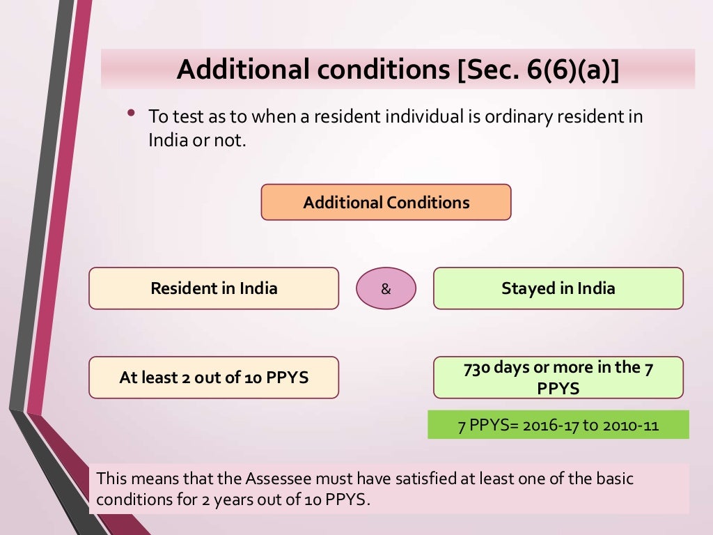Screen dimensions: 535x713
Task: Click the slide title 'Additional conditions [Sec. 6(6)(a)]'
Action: [398, 69]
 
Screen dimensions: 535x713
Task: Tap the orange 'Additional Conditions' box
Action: [386, 203]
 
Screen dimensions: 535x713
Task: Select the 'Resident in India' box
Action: [214, 288]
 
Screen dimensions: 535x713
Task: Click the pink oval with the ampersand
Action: [386, 289]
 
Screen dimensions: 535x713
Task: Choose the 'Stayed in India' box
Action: [558, 288]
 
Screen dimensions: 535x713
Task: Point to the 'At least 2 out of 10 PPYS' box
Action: [214, 378]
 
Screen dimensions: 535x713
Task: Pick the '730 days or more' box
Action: [558, 378]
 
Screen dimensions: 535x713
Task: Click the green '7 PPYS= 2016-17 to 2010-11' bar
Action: [558, 425]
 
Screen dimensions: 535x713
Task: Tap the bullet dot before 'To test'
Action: [130, 111]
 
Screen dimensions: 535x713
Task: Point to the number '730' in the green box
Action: [477, 368]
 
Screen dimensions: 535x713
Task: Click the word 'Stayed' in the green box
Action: [526, 288]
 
